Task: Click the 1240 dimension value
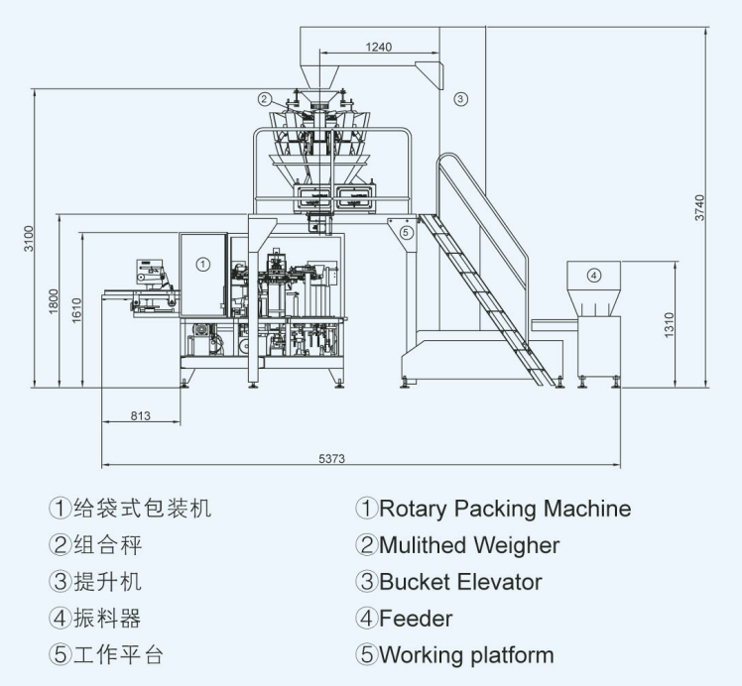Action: [379, 47]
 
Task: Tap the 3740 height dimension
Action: [699, 207]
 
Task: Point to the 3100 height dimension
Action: [30, 239]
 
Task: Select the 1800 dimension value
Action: [53, 301]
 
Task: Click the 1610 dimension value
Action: [76, 310]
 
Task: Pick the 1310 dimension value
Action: [669, 325]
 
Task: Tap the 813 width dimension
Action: [141, 415]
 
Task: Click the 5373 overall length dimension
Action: [331, 459]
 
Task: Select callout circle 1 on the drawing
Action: [203, 264]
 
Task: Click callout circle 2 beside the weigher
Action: [265, 99]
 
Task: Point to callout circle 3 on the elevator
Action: [460, 99]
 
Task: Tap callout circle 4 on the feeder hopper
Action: [594, 276]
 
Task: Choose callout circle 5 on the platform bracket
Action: [406, 232]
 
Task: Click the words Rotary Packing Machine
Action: [505, 509]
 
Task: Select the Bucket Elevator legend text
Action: [460, 582]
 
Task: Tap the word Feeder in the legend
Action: [416, 619]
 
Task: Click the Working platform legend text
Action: [466, 655]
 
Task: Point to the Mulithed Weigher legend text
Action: [469, 545]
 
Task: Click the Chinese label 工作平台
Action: [119, 655]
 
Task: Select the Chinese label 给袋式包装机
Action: [143, 509]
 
